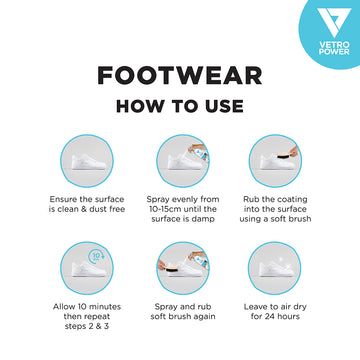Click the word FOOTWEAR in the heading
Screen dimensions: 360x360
pos(180,78)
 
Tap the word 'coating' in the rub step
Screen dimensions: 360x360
pos(289,199)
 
